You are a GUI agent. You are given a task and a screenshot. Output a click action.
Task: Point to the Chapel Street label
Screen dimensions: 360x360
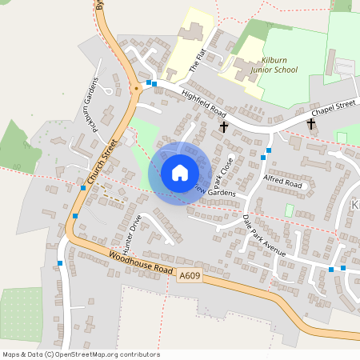click(x=333, y=109)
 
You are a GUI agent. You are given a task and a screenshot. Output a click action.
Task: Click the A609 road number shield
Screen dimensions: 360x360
click(x=189, y=275)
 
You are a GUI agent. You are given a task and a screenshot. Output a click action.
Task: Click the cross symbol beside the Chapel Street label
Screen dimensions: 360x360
click(x=311, y=124)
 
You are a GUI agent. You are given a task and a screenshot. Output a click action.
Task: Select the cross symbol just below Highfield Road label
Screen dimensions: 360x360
click(x=223, y=126)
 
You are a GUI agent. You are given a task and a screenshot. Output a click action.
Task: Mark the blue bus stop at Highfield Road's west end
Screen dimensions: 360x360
click(x=149, y=82)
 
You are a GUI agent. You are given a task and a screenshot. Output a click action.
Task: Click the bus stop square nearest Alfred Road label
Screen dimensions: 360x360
click(x=269, y=150)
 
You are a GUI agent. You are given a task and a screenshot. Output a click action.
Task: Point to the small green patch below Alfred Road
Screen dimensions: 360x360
click(x=289, y=210)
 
